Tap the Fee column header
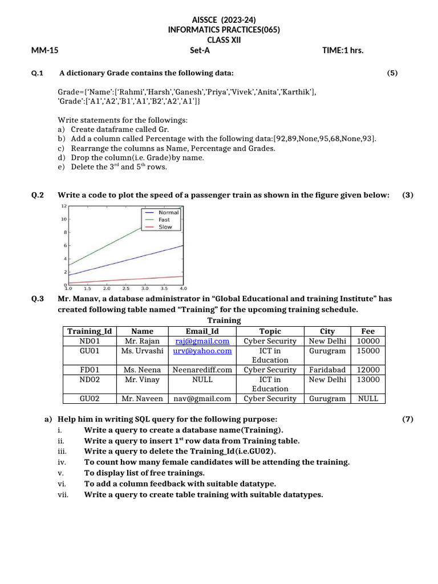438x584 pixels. [x=368, y=331]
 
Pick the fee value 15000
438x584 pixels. [x=368, y=351]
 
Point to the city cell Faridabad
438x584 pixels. [x=327, y=370]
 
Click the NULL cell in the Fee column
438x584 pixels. [x=368, y=399]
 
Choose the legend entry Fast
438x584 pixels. [x=164, y=220]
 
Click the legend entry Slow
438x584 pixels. [x=165, y=226]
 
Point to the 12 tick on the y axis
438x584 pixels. [x=64, y=206]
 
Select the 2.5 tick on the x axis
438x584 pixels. [x=125, y=289]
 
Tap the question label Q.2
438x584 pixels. [x=38, y=195]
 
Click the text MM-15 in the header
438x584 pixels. [x=45, y=50]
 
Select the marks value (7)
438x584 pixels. [x=407, y=419]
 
